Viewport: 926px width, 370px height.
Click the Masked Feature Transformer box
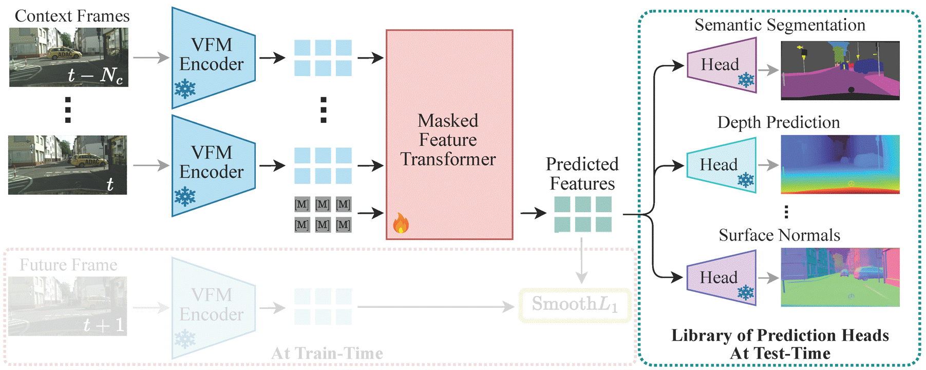pyautogui.click(x=449, y=135)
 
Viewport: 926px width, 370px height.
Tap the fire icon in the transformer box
pyautogui.click(x=401, y=223)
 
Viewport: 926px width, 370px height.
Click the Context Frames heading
pyautogui.click(x=72, y=16)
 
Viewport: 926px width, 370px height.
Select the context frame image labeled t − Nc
pyautogui.click(x=69, y=57)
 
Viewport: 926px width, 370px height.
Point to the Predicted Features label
pyautogui.click(x=582, y=174)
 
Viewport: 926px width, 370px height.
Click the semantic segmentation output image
pyautogui.click(x=840, y=70)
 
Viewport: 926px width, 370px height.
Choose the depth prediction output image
pyautogui.click(x=840, y=164)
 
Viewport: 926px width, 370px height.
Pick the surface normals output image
pyautogui.click(x=840, y=277)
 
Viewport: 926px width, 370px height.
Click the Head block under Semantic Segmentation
pyautogui.click(x=722, y=65)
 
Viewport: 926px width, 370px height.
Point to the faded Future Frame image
pyautogui.click(x=68, y=306)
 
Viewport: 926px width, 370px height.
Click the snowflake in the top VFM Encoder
pyautogui.click(x=185, y=89)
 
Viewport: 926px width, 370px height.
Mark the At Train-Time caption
pyautogui.click(x=327, y=354)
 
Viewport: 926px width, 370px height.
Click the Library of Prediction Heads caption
pyautogui.click(x=780, y=344)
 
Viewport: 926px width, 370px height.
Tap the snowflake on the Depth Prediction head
pyautogui.click(x=746, y=180)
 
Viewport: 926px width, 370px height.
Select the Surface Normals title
pyautogui.click(x=779, y=235)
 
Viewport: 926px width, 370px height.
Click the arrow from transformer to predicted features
pyautogui.click(x=533, y=213)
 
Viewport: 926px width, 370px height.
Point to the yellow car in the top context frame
pyautogui.click(x=64, y=53)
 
